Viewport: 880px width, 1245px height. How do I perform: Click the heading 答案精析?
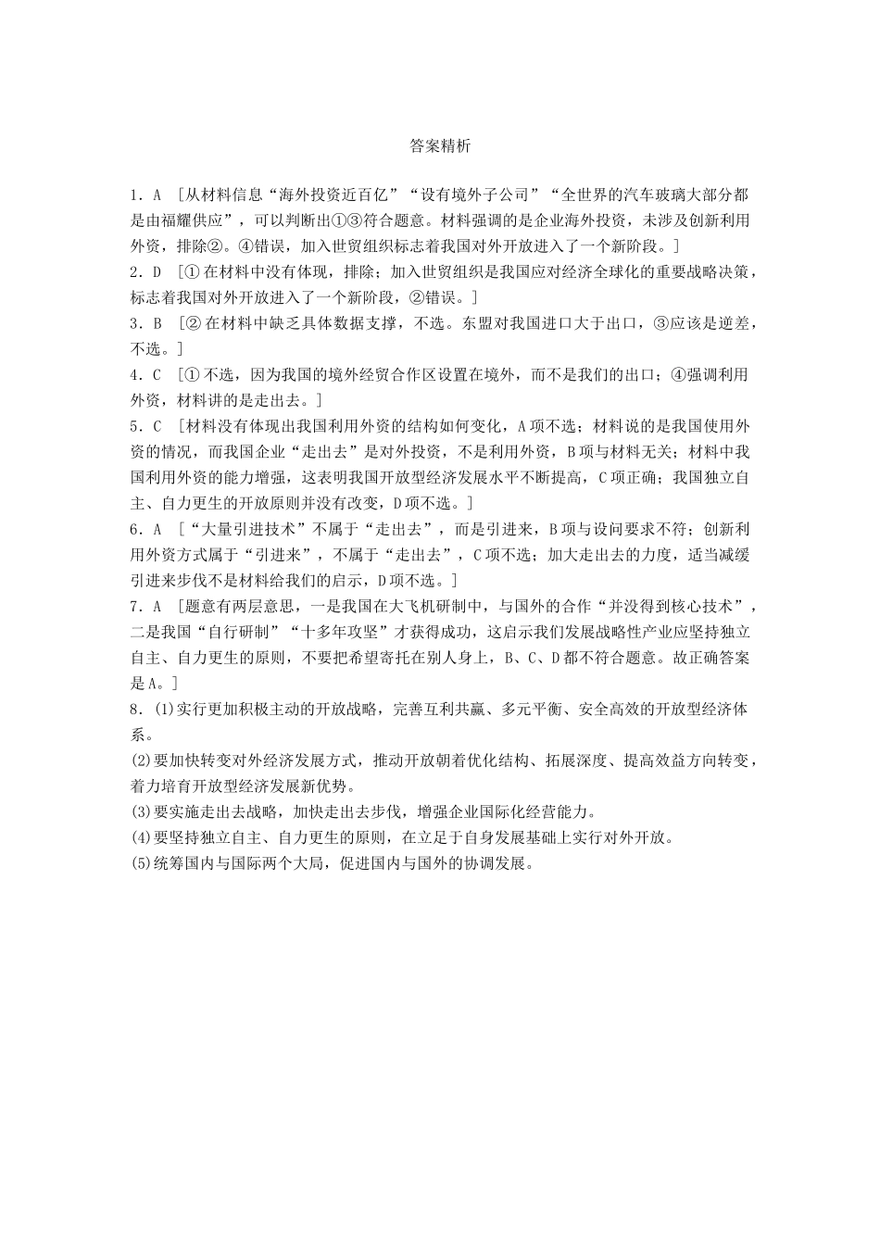tap(440, 146)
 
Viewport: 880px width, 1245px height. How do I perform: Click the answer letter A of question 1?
tap(157, 195)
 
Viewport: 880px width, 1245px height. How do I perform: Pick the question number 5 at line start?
tap(135, 427)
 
